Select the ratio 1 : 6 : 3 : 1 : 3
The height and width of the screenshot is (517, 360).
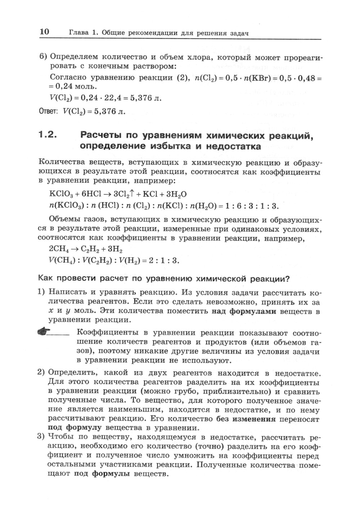pyautogui.click(x=252, y=206)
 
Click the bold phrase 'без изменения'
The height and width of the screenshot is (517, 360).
pyautogui.click(x=246, y=419)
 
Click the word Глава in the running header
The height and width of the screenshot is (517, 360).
pyautogui.click(x=78, y=33)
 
